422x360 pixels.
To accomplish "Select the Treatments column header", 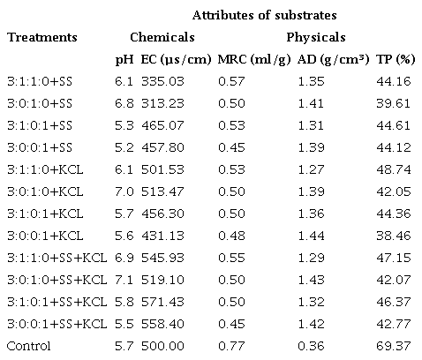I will pos(41,38).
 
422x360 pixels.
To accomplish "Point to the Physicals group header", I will pos(315,38).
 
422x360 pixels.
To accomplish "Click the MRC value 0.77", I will pos(230,345).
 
